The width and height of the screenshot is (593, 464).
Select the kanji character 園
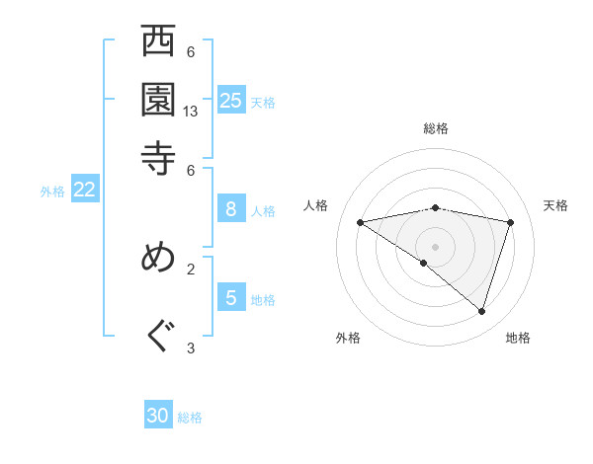(158, 100)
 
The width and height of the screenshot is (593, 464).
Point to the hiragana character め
(158, 258)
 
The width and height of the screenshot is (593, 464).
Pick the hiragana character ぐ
(158, 337)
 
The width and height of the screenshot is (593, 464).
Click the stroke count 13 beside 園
(191, 112)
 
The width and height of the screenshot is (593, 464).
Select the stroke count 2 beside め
(191, 268)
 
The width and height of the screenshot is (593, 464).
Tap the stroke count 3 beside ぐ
(191, 348)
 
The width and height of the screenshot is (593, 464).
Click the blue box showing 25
(231, 100)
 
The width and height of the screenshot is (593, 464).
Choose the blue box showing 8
(231, 208)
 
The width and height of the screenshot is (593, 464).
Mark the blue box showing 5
(231, 297)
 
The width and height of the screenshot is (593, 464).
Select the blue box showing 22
(84, 190)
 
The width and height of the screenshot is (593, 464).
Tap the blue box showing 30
(158, 416)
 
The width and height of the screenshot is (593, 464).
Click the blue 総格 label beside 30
(190, 418)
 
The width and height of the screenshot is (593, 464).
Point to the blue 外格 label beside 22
(52, 192)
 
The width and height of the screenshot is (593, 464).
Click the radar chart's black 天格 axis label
(556, 205)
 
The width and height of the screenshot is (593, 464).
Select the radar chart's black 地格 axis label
(518, 338)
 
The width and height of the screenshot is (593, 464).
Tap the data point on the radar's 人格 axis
(361, 222)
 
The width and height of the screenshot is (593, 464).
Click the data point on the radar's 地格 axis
(481, 311)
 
